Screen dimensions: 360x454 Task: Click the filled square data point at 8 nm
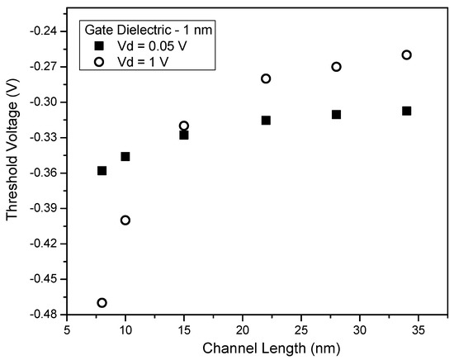pyautogui.click(x=102, y=171)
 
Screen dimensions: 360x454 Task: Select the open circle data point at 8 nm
pyautogui.click(x=102, y=303)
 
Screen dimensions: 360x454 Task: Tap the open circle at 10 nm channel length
pyautogui.click(x=125, y=220)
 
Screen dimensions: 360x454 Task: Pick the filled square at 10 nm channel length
pyautogui.click(x=125, y=156)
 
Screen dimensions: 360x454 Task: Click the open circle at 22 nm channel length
pyautogui.click(x=266, y=78)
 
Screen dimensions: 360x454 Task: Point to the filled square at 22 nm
pyautogui.click(x=266, y=121)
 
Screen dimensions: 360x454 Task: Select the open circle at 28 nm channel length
pyautogui.click(x=336, y=67)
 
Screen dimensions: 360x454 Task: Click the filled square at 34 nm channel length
pyautogui.click(x=406, y=111)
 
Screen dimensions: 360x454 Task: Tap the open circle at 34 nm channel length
pyautogui.click(x=406, y=55)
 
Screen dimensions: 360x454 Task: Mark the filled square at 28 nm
pyautogui.click(x=336, y=115)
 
